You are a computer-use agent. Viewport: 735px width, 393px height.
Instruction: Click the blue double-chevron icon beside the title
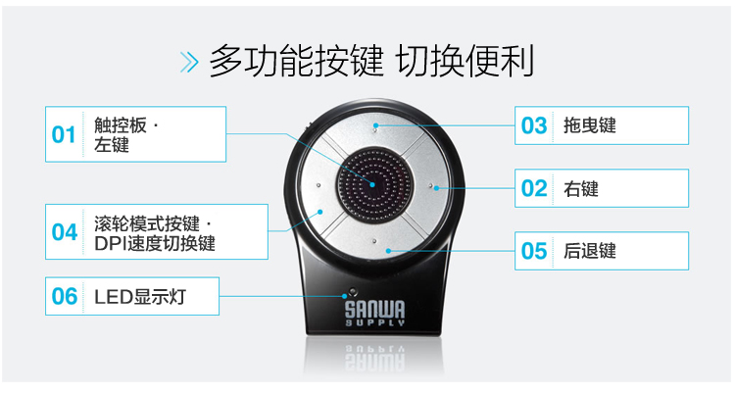point(189,62)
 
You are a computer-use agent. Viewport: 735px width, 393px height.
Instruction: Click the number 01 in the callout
point(64,134)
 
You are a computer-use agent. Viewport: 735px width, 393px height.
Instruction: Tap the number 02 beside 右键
point(534,188)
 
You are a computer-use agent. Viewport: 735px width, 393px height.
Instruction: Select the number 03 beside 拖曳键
point(534,125)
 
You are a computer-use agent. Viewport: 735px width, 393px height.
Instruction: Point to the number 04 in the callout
point(65,232)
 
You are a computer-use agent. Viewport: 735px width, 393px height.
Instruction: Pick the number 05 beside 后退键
point(534,251)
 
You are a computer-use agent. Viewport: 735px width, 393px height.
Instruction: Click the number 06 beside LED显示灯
point(65,296)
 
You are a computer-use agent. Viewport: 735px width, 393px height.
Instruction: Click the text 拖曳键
point(590,125)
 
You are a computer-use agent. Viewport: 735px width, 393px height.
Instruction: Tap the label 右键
point(581,189)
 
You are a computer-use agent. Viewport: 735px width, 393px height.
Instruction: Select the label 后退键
point(590,251)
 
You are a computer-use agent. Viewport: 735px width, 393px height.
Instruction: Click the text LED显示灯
point(140,297)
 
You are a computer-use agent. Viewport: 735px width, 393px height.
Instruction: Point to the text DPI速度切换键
point(155,243)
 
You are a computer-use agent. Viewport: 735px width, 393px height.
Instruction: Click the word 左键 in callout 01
point(112,145)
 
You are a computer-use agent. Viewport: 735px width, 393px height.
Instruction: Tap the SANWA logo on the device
point(375,314)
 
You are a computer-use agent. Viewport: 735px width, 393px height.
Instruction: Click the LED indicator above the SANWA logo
point(352,291)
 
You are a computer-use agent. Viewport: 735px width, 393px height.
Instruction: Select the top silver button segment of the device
point(376,132)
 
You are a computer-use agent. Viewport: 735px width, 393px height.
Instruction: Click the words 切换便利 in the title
point(465,62)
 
